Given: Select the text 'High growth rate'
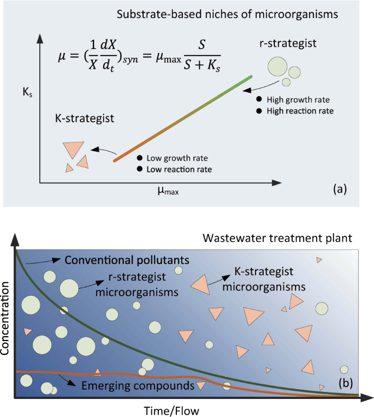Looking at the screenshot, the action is (x=298, y=100).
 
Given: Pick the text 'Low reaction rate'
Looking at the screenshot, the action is (x=179, y=170).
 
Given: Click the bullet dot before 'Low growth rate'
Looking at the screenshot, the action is (x=140, y=158).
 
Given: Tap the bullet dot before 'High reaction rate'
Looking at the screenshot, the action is (x=259, y=111).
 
